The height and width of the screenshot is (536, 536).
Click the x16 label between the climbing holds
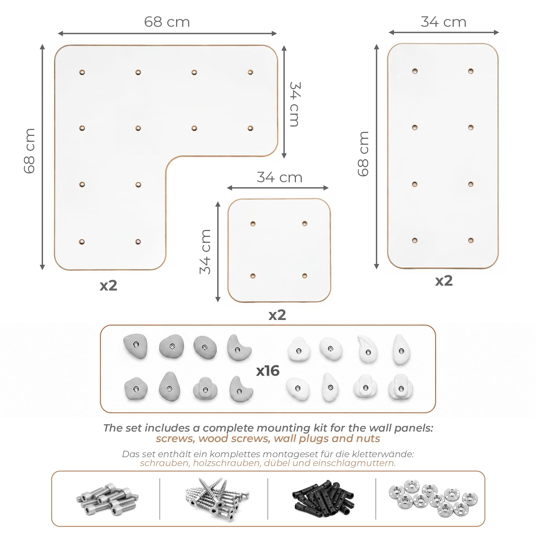tap(268, 371)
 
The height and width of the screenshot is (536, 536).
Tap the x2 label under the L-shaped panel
tap(109, 285)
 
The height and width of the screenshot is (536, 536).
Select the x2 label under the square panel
tap(277, 315)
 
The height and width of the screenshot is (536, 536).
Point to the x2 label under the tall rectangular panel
tap(444, 281)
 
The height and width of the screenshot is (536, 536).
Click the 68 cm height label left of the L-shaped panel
tap(29, 151)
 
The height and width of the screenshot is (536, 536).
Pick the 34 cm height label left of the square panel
tap(205, 252)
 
